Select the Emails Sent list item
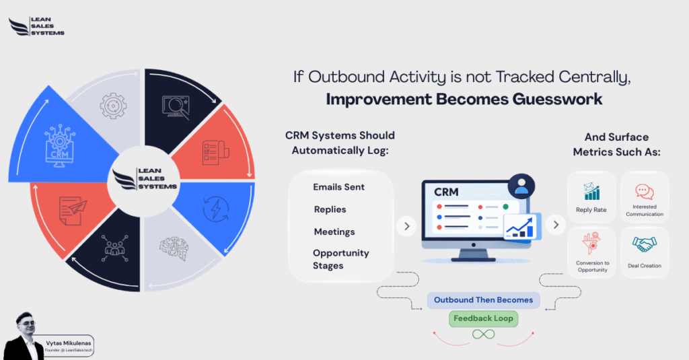(338, 186)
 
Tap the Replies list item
(330, 209)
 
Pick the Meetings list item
(334, 231)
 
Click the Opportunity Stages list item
(340, 259)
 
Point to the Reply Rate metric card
(591, 196)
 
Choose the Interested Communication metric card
(644, 196)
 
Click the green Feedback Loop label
(483, 318)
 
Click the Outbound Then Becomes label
(483, 300)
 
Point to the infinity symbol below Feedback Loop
(483, 334)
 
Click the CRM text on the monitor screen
(446, 192)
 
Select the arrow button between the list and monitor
(406, 225)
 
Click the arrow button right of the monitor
(555, 225)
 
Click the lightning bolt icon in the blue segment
(217, 209)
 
